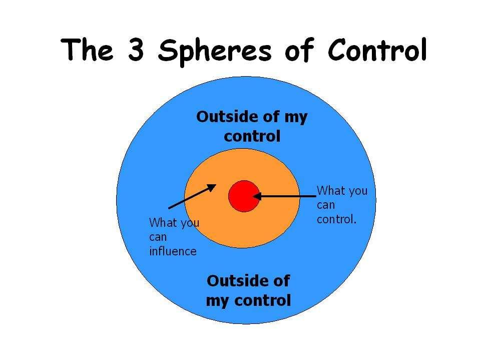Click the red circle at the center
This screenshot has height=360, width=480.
244,196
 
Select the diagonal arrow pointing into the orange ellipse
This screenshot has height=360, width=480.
193,196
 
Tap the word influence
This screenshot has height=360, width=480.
173,251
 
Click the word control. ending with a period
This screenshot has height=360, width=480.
337,219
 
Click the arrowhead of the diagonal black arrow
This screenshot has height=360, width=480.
212,187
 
